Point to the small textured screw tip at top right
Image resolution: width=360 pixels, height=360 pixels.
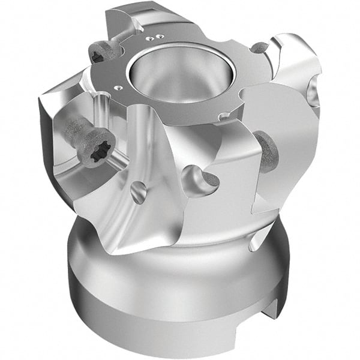click(259, 47)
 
